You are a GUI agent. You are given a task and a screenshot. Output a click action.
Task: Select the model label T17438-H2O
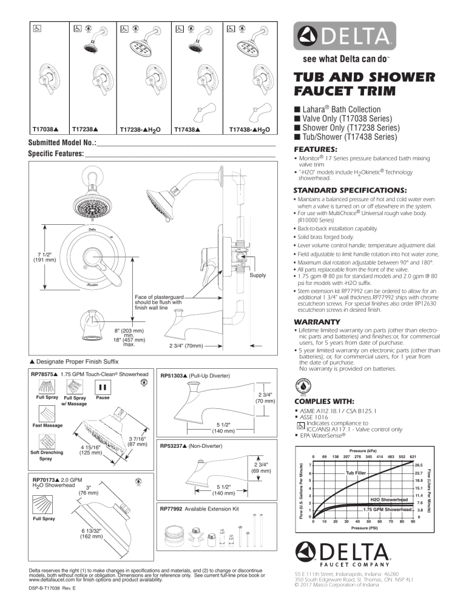pos(249,129)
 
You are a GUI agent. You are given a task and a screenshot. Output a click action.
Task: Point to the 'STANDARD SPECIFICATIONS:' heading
pos(350,190)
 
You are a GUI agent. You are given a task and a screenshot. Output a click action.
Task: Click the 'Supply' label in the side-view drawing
pos(258,276)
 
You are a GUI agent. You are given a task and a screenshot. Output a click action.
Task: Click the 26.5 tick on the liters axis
pos(419,464)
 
